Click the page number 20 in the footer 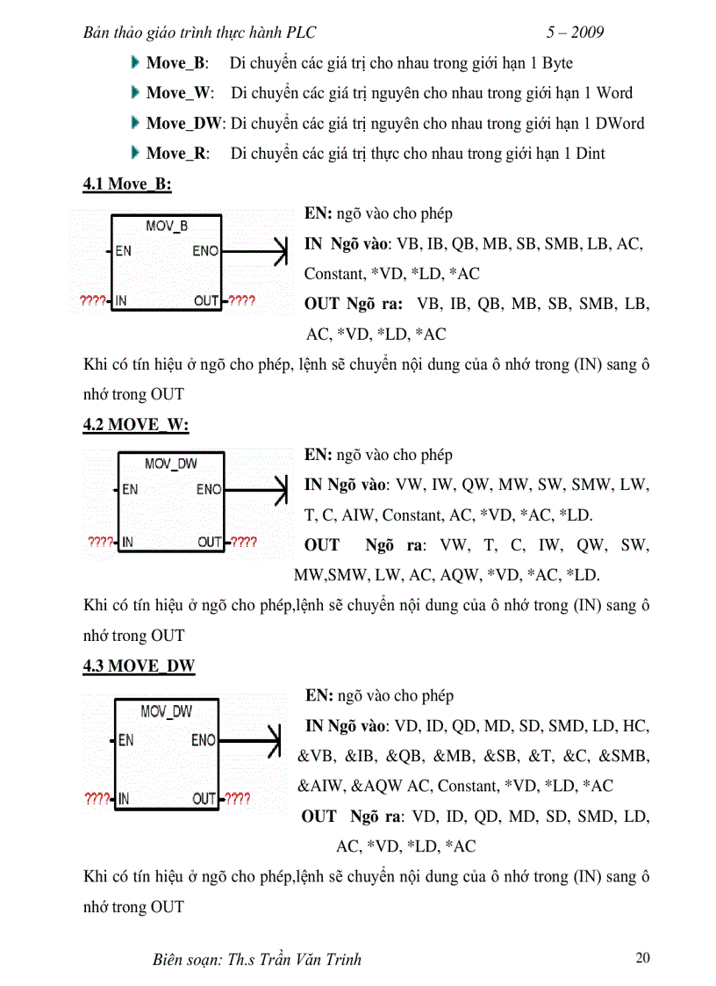642,957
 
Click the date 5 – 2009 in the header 575,33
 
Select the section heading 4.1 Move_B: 127,184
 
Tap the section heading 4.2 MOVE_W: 136,425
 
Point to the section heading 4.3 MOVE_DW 139,666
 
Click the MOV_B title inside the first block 167,227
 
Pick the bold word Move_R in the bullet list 177,154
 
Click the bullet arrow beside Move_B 134,62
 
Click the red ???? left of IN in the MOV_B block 91,301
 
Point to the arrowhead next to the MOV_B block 281,252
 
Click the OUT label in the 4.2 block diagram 209,542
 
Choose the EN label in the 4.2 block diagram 130,489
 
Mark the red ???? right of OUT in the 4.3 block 237,799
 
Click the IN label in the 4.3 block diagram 124,799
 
